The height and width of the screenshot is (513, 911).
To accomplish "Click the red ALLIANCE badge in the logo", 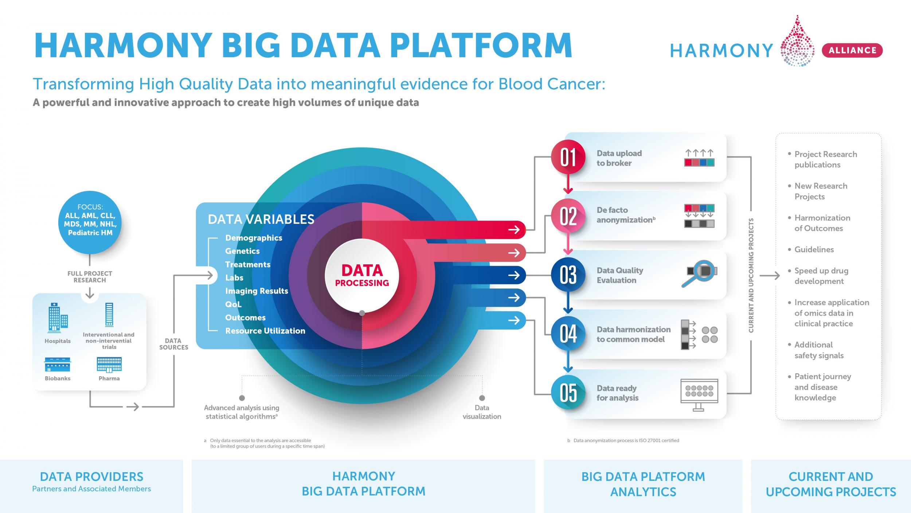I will tap(852, 50).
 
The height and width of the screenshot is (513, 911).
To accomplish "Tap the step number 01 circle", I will tap(568, 157).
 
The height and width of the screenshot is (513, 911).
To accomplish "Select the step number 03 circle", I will tap(568, 275).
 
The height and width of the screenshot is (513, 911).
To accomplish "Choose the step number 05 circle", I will tap(568, 393).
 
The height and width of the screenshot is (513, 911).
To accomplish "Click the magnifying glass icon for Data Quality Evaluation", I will tap(699, 273).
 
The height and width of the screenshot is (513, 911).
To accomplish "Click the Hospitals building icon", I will tap(58, 319).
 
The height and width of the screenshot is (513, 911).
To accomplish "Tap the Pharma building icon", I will tap(109, 365).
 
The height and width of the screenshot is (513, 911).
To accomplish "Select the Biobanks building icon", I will tap(58, 365).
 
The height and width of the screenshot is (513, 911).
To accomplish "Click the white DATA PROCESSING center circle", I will tap(362, 276).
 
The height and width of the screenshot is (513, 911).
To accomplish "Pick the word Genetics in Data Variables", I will tap(242, 251).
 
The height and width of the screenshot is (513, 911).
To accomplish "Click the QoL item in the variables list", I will tap(233, 304).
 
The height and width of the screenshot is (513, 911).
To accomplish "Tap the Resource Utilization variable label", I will tap(265, 331).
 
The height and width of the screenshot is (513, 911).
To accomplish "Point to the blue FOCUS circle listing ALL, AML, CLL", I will tap(90, 222).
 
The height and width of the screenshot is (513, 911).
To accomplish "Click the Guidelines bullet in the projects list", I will tap(814, 249).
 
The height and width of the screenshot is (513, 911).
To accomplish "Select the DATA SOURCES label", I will tap(173, 344).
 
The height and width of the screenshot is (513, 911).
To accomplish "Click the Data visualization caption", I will tap(482, 412).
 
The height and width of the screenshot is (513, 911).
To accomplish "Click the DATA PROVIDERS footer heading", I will tap(91, 477).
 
